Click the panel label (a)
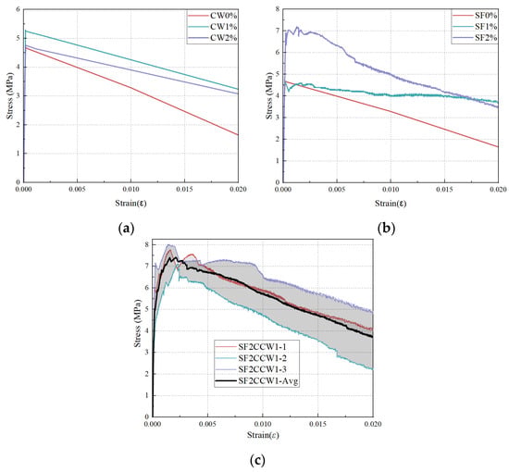pos(126,229)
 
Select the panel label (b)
pos(386,229)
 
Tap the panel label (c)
pos(258,460)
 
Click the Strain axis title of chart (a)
pos(130,204)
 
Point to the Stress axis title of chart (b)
pos(269,95)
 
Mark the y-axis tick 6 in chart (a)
pos(18,9)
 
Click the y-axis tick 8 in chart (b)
pos(278,9)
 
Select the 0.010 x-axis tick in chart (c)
pos(263,424)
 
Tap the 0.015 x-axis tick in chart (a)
pos(184,189)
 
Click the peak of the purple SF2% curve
pos(297,27)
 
